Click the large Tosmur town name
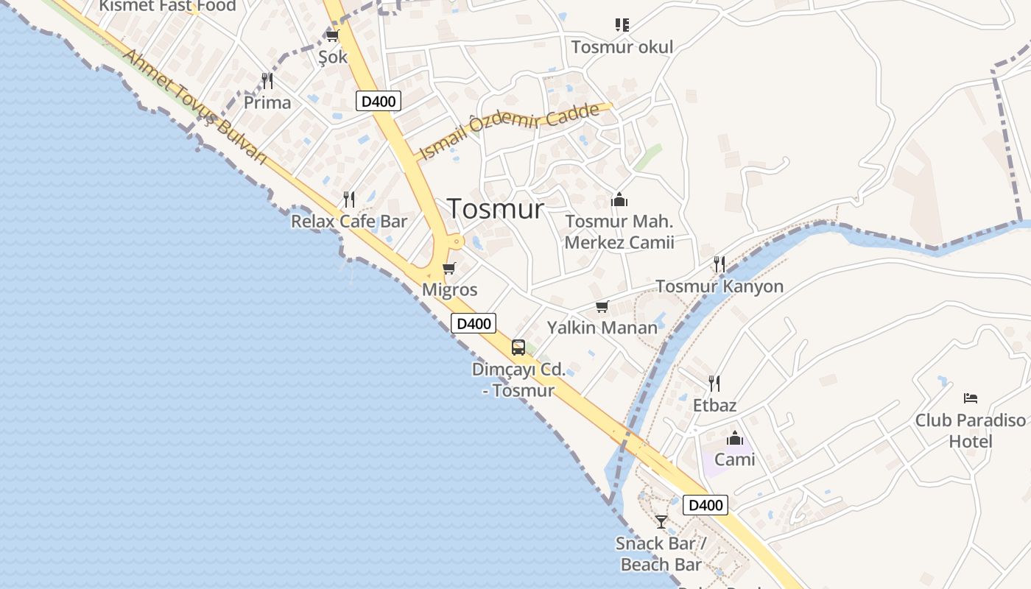click(496, 208)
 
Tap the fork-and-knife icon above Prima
click(267, 81)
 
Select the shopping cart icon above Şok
click(332, 35)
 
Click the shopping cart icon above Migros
click(449, 268)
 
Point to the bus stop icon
click(518, 348)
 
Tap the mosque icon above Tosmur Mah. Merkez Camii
click(619, 200)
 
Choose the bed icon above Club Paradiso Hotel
click(971, 398)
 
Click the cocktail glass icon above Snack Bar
click(661, 522)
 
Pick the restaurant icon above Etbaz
click(714, 384)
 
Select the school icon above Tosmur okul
click(622, 26)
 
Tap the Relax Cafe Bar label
click(349, 222)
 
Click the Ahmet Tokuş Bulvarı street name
click(194, 106)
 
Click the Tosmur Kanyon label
click(719, 286)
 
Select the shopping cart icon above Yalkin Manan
click(602, 306)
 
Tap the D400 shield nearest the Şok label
click(379, 101)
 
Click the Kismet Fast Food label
click(168, 6)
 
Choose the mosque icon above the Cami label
click(735, 440)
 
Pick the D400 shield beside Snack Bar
click(705, 505)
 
